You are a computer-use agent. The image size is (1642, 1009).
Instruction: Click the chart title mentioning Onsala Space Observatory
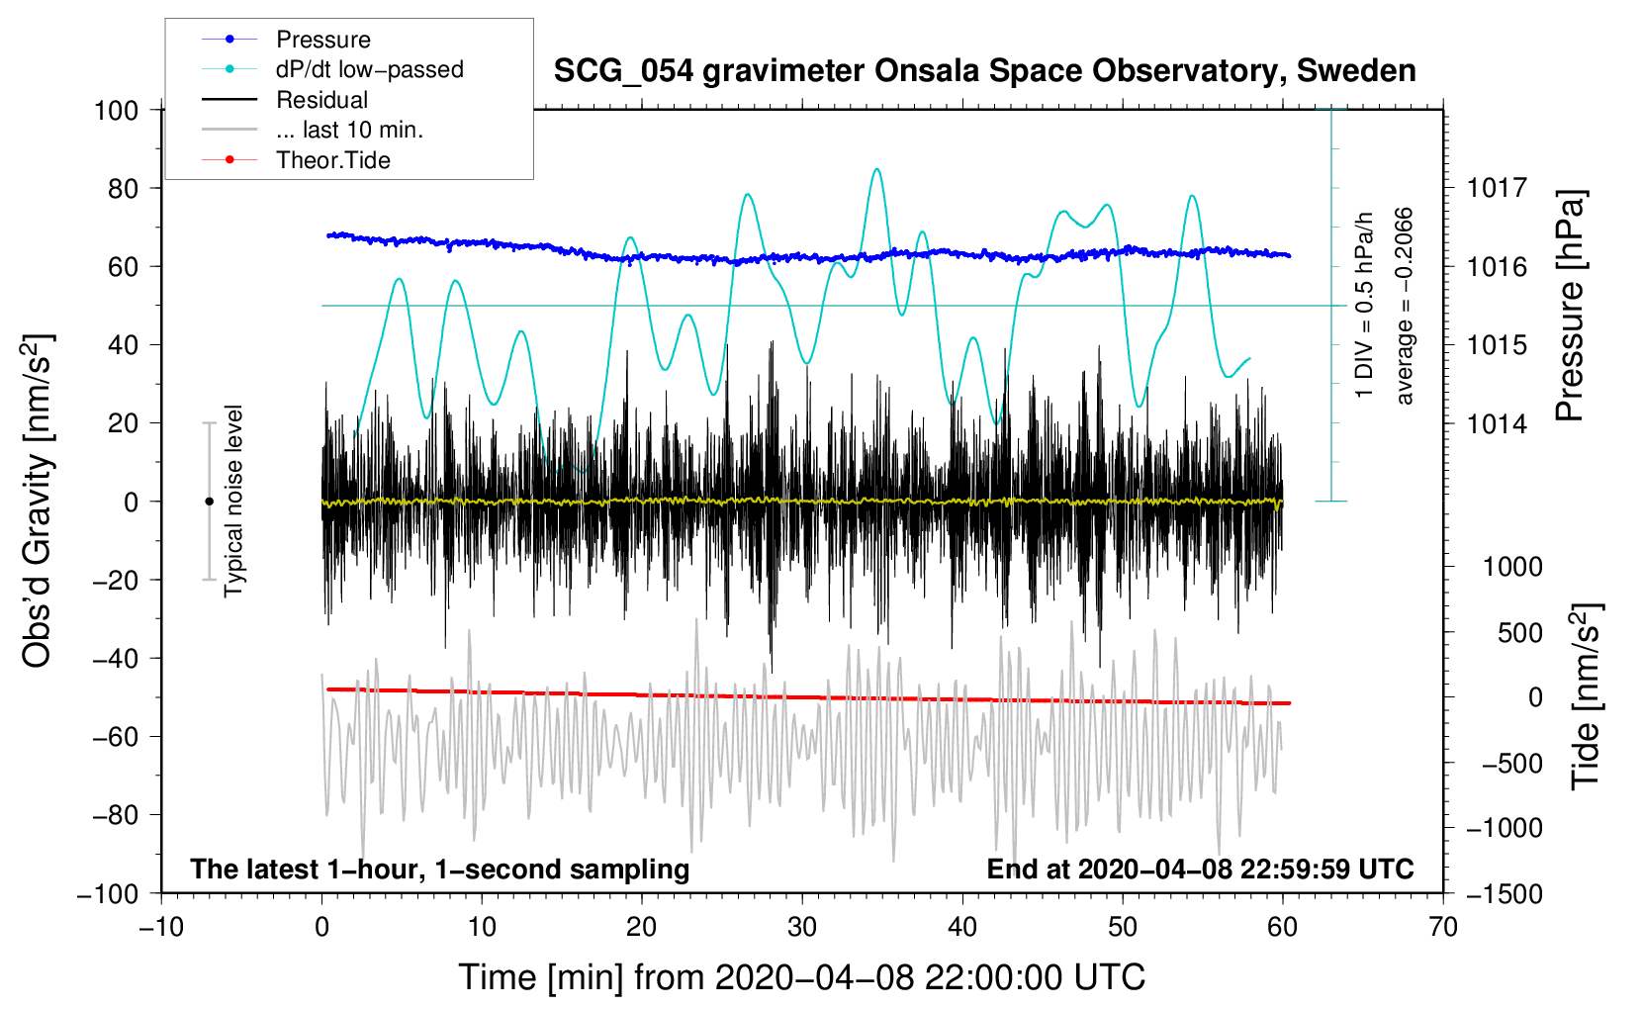984,71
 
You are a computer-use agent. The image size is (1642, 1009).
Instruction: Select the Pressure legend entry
287,39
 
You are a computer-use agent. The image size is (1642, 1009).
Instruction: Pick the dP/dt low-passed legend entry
332,69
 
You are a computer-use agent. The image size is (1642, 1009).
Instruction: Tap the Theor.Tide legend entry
296,160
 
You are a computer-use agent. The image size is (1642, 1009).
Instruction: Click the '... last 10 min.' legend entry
313,130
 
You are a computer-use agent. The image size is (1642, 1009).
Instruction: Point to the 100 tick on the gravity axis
117,111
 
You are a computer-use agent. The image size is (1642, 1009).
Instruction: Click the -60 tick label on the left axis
116,736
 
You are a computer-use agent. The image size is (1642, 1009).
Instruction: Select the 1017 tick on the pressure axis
1497,188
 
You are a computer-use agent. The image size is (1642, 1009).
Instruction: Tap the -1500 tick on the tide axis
1505,894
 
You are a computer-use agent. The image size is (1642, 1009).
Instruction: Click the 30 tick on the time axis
802,928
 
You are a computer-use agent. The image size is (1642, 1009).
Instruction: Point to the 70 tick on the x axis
1442,928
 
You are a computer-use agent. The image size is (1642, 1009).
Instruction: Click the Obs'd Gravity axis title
39,501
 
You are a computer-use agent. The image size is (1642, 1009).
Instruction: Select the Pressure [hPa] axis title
1570,306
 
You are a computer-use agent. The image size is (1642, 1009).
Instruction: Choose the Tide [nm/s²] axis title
1587,696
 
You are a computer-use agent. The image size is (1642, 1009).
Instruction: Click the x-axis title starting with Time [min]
802,977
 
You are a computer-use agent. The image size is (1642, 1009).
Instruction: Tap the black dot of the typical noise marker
209,502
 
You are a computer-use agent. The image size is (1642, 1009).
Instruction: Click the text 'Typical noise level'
232,501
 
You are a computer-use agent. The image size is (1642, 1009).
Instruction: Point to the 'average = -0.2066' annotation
1403,307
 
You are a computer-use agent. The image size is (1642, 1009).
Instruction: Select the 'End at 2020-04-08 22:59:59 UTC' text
1200,869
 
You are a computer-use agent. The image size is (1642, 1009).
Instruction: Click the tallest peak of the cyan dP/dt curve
876,168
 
